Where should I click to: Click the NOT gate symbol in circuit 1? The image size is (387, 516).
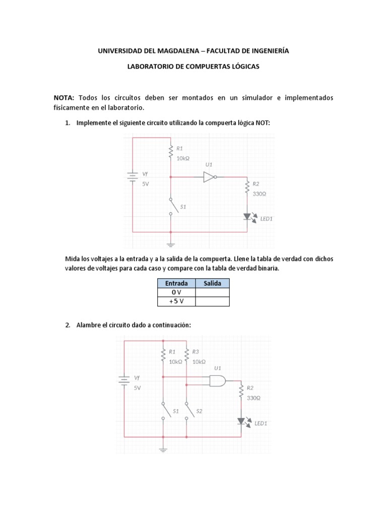[209, 177]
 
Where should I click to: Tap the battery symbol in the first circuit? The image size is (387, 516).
[133, 177]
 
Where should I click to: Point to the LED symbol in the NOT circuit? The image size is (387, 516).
[247, 217]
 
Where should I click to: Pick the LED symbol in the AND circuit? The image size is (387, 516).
[241, 421]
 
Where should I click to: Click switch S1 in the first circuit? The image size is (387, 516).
[171, 206]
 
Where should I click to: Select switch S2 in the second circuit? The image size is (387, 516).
[187, 411]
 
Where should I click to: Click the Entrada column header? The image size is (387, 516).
[173, 283]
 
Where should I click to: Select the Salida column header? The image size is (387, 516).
[212, 283]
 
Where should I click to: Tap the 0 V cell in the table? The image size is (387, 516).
[173, 292]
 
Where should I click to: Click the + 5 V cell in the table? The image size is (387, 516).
[173, 301]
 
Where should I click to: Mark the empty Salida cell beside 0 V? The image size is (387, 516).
[212, 292]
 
